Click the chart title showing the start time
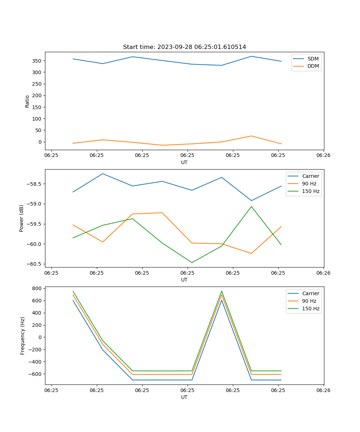184,47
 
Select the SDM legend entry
313,59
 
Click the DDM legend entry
313,66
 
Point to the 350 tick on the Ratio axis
38,61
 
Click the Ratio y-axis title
27,101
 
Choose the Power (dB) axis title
22,218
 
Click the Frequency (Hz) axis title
22,336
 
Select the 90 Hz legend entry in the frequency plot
309,301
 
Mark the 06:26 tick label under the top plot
323,155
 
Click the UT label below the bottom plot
184,397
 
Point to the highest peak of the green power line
251,207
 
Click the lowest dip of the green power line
192,262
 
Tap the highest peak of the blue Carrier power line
103,174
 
